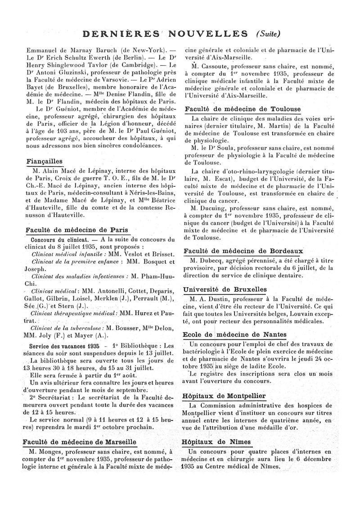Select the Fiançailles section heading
pos(44,162)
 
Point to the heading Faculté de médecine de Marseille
pos(79,442)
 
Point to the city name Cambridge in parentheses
pos(132,66)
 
